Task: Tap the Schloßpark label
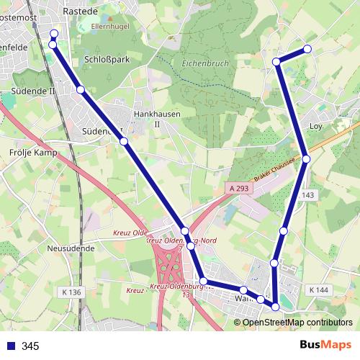107,60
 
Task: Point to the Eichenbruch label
205,63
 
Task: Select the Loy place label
315,126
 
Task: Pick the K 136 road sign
72,292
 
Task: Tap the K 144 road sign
318,289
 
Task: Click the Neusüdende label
70,248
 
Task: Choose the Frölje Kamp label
34,153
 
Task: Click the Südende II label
34,91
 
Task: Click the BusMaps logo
325,345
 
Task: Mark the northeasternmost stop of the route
307,49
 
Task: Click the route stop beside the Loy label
306,158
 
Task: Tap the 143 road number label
309,195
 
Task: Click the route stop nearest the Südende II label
81,89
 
